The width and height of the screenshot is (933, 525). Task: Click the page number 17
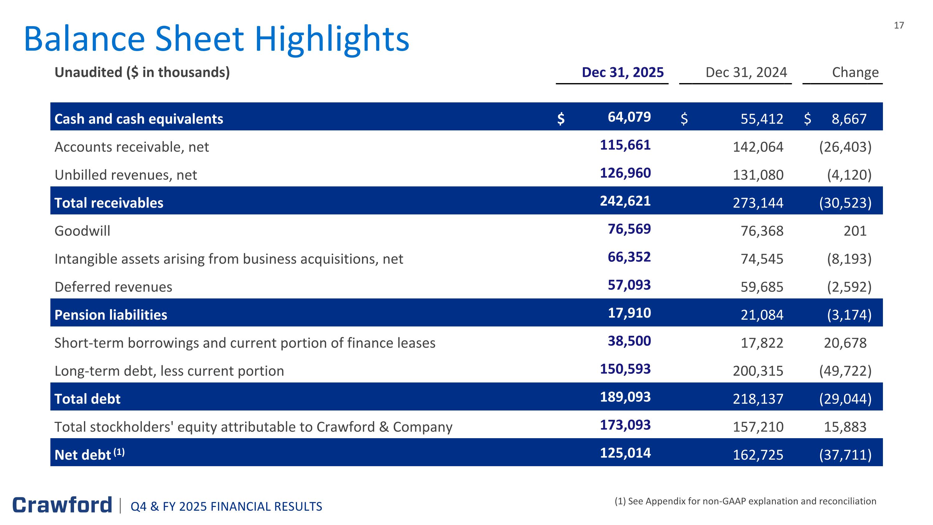click(898, 25)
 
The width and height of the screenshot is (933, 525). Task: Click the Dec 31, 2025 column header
click(622, 73)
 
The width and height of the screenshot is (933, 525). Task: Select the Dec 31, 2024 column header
click(746, 73)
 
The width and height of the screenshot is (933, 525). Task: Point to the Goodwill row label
click(82, 231)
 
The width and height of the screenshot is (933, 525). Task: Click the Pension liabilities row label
click(110, 315)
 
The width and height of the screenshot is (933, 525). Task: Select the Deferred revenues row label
click(113, 287)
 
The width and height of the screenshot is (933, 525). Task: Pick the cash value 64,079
click(629, 117)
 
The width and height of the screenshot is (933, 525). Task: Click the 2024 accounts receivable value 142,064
click(758, 147)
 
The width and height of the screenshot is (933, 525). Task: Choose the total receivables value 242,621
click(625, 201)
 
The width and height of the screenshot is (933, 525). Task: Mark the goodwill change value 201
click(855, 231)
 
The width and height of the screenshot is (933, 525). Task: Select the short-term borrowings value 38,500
click(629, 341)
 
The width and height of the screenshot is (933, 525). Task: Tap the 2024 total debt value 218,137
click(758, 399)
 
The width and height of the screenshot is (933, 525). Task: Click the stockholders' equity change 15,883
click(845, 427)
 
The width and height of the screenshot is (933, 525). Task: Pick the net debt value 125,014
click(625, 453)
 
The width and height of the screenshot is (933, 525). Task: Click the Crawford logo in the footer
click(62, 505)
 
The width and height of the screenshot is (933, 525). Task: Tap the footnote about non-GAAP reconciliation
click(745, 501)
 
